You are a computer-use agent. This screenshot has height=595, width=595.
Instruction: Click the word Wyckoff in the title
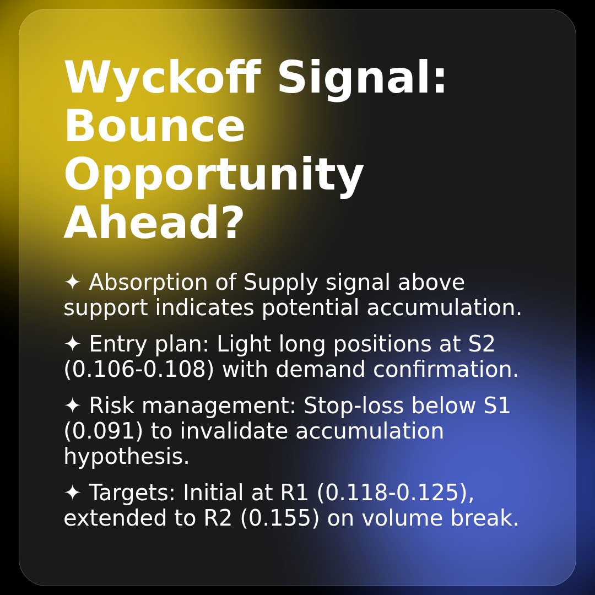162,79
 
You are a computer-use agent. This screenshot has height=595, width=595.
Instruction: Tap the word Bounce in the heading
154,127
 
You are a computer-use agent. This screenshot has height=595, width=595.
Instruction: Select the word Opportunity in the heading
213,176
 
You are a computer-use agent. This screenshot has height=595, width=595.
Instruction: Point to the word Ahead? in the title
154,224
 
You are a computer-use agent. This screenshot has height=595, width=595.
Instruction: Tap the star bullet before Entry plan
72,344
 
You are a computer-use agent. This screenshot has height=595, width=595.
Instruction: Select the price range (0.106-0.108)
139,370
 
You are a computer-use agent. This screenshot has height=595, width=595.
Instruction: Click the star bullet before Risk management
72,406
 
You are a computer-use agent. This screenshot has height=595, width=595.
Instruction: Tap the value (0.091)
103,431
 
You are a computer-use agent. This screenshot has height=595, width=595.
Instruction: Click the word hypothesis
126,457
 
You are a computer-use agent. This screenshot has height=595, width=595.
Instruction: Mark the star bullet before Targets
72,493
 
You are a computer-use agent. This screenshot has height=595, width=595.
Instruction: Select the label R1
294,493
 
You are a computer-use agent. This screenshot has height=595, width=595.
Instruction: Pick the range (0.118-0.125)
395,493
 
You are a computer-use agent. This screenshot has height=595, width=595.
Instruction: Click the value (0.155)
280,518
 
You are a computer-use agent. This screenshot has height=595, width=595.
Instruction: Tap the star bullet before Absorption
72,283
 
